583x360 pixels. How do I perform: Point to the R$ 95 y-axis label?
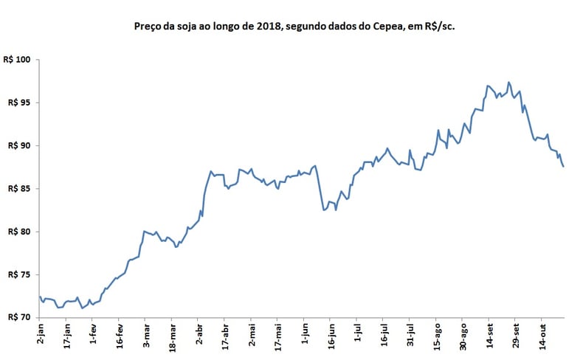tap(19, 103)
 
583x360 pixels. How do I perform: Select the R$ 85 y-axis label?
tap(19, 189)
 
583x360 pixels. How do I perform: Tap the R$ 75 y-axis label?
tap(19, 274)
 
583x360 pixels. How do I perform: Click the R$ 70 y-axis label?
tap(19, 317)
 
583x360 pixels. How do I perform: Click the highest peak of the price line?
tap(508, 82)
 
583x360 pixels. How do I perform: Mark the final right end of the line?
tap(564, 167)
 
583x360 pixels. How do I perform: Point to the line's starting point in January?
tap(39, 297)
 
